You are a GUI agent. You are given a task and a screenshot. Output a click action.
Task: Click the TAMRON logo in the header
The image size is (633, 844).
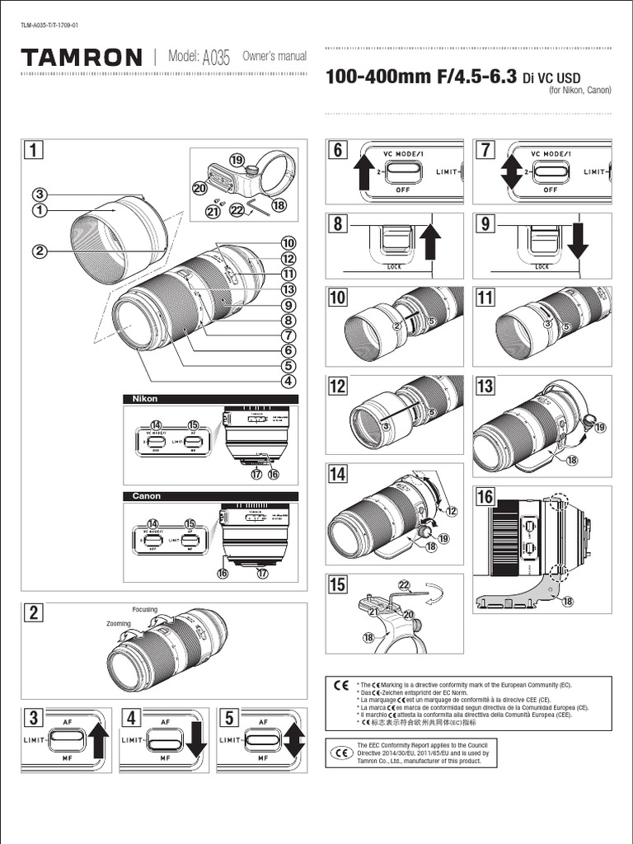82,57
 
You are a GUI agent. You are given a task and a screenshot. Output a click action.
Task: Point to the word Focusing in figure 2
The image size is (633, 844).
144,609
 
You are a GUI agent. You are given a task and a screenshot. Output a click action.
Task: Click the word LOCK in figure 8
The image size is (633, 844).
395,267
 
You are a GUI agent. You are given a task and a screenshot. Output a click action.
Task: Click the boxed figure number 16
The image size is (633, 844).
485,497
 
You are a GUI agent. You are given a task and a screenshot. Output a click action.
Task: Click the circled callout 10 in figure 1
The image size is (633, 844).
288,243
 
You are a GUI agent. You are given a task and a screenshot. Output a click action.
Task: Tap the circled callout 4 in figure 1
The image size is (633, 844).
288,381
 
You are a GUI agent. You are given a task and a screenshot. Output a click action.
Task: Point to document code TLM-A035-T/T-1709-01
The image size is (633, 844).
49,24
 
